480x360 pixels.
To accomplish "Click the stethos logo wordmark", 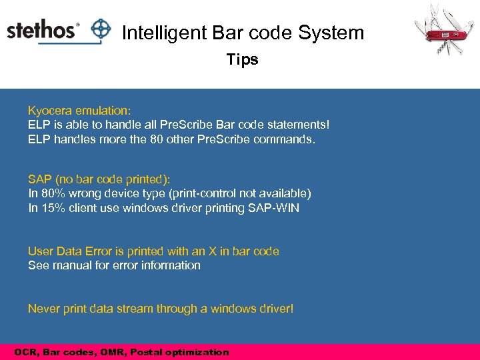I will pyautogui.click(x=43, y=31).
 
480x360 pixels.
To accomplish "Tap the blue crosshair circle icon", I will pyautogui.click(x=101, y=30).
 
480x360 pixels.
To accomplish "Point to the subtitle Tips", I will pyautogui.click(x=242, y=59).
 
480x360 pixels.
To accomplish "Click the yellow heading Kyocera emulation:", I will pyautogui.click(x=79, y=110).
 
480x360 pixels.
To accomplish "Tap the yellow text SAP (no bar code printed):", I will pyautogui.click(x=99, y=179).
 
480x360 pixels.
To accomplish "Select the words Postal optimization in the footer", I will pyautogui.click(x=190, y=352).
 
